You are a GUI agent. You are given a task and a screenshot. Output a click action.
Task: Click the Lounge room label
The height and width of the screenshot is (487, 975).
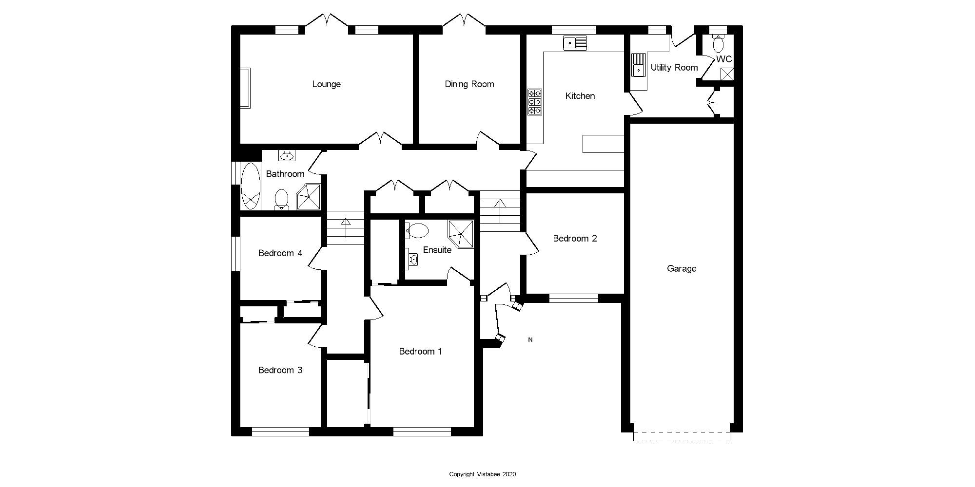coord(326,84)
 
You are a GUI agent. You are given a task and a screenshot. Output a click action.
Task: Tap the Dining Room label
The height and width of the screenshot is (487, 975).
coord(469,84)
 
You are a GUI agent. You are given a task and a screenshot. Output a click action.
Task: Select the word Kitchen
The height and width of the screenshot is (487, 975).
coord(580,96)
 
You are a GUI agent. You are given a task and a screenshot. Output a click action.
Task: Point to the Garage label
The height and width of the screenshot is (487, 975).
coord(681,268)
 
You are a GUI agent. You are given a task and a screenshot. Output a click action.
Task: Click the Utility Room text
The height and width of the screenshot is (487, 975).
coord(674,68)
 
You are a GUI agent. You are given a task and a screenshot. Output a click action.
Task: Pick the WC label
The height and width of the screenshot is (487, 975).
coord(724,59)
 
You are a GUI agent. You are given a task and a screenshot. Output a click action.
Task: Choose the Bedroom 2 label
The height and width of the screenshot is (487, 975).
coord(575,238)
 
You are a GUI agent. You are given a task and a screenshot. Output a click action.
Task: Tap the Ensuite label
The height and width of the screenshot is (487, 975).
coord(437,250)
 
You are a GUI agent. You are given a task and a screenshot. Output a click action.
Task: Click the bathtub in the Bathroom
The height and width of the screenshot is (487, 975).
coord(251,186)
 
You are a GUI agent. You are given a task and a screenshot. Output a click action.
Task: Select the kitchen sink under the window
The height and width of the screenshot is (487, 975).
coord(575,43)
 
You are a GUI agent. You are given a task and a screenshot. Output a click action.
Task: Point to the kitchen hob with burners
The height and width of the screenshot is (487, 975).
coord(534,102)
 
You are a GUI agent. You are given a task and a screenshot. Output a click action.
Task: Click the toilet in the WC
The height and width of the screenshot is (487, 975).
coord(718,44)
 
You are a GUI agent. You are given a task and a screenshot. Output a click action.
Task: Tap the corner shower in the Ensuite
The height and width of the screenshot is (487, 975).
coord(460,234)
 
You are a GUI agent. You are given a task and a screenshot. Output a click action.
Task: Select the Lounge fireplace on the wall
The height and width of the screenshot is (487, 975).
coord(245,88)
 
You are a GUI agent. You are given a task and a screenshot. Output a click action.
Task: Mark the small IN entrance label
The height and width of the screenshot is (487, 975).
coord(530,340)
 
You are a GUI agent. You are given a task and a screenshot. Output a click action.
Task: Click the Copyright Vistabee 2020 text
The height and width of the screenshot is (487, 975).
coord(482,474)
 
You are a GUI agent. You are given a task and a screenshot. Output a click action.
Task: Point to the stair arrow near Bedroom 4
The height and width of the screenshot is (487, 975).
coord(346,227)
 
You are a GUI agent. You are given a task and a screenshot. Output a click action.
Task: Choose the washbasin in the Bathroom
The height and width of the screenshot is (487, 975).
coord(287,156)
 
